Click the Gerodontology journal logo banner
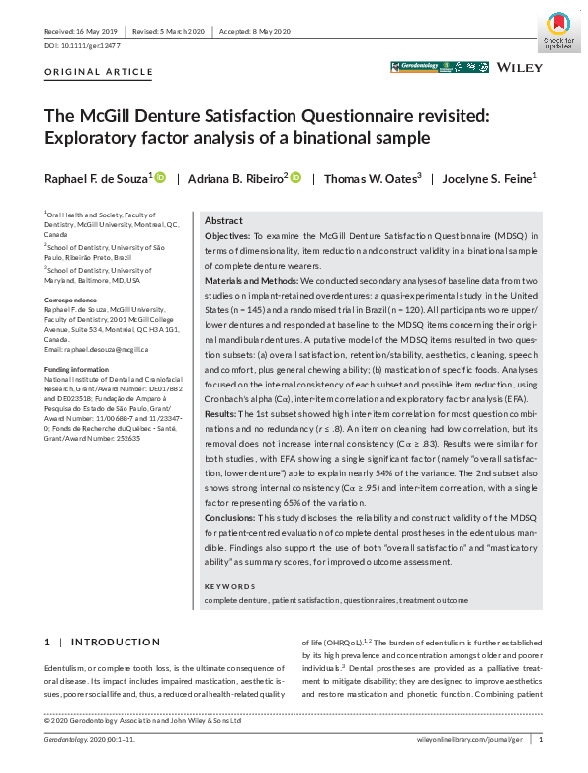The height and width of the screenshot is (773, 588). pyautogui.click(x=438, y=68)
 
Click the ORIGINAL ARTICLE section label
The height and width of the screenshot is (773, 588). pyautogui.click(x=99, y=72)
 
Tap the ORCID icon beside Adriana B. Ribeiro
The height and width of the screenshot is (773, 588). pyautogui.click(x=295, y=177)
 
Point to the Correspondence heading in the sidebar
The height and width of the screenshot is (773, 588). pyautogui.click(x=71, y=299)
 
